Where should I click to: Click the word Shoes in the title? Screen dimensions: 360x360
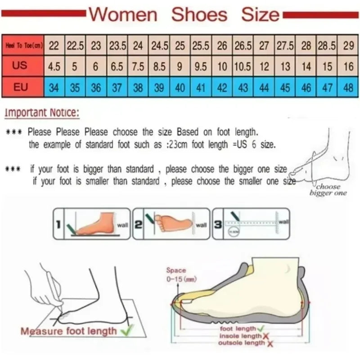click(199, 14)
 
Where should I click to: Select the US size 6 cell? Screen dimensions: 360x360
click(96, 67)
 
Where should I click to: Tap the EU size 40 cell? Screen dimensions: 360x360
click(180, 87)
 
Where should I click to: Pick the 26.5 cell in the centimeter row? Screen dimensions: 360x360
click(243, 45)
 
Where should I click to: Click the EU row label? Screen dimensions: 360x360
click(22, 87)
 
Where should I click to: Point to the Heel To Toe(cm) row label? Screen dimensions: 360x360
click(24, 45)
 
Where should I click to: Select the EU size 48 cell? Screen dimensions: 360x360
click(348, 87)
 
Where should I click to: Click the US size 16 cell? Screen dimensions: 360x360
click(348, 67)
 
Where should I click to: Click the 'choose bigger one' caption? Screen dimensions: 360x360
click(328, 190)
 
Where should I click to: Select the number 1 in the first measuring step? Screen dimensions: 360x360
click(58, 224)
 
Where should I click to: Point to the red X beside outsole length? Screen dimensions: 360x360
click(270, 343)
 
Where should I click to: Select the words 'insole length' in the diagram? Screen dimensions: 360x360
click(240, 336)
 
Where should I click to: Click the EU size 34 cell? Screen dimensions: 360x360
click(54, 87)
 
